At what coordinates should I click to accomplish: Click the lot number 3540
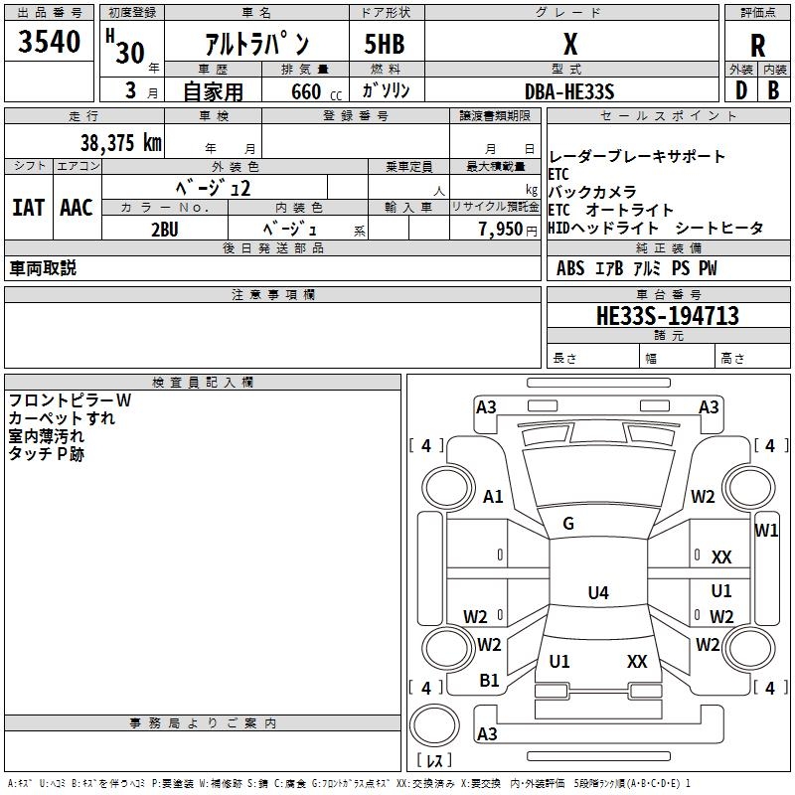[50, 42]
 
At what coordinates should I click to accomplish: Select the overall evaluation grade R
[758, 45]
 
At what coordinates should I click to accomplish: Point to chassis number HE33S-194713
[668, 316]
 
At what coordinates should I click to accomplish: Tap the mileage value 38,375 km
[120, 142]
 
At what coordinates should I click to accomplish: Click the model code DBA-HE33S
[569, 91]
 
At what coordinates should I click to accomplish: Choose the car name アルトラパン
[256, 45]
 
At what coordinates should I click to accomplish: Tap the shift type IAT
[28, 207]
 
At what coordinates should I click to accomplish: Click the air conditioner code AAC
[77, 207]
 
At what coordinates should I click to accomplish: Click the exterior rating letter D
[739, 91]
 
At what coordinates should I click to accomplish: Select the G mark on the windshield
[568, 524]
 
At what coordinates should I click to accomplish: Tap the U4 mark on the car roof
[597, 593]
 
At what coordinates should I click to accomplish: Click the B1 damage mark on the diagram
[490, 681]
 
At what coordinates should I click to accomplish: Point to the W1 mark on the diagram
[766, 530]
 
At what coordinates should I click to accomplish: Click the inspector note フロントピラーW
[70, 400]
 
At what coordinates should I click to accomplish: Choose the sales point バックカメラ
[592, 192]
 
